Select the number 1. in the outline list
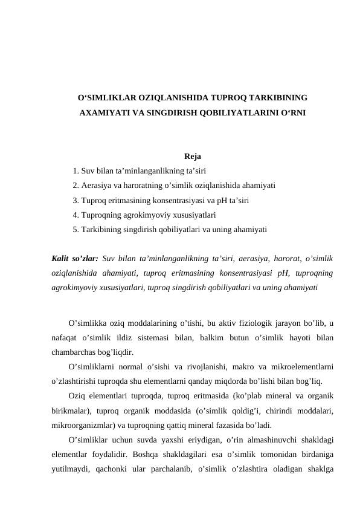click(75, 171)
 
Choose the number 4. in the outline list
click(75, 215)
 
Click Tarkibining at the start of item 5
click(99, 229)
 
